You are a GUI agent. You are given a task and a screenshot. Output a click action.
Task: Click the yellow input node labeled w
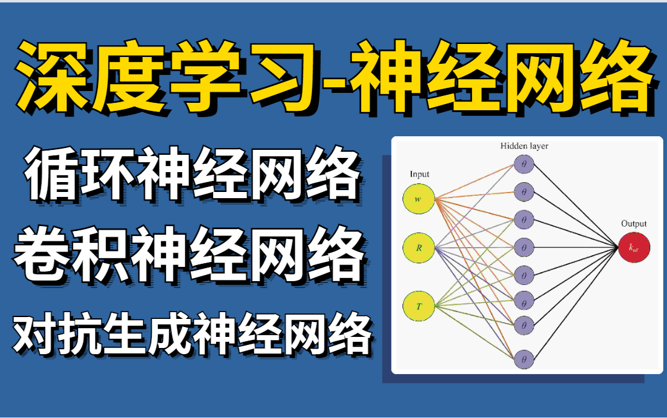[x=419, y=199]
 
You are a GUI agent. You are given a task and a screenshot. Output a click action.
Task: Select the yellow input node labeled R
[x=419, y=248]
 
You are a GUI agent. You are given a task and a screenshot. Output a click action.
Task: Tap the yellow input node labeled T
[x=419, y=306]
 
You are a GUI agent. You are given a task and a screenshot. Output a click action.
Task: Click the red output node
[x=634, y=247]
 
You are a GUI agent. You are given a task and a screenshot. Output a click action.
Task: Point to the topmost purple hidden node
[x=524, y=164]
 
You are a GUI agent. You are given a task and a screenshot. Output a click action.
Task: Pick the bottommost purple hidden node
[x=524, y=360]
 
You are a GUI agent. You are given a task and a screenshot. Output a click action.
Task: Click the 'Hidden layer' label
[x=524, y=146]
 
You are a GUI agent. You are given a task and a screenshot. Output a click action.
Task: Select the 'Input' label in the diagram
[x=419, y=175]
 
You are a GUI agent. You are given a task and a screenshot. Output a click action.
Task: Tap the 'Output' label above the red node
[x=634, y=224]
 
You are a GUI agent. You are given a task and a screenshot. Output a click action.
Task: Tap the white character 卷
[x=43, y=255]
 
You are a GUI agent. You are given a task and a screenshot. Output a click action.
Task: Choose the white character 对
[x=35, y=334]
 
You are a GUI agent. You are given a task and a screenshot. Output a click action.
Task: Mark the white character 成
[x=170, y=334]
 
